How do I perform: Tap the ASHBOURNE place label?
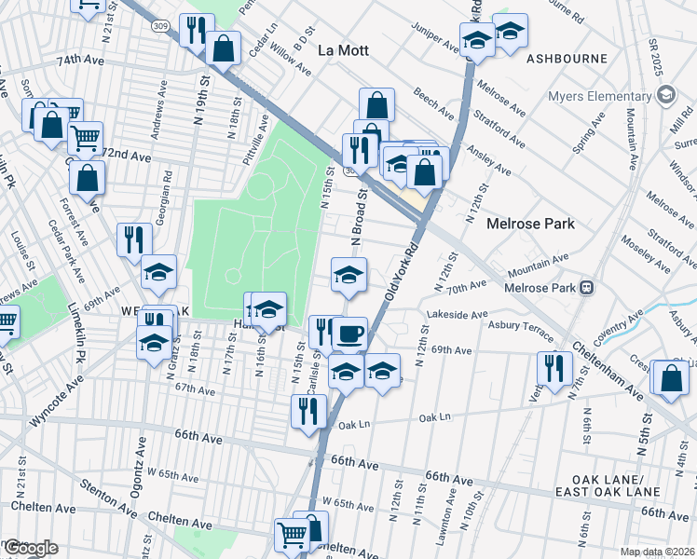(x=567, y=58)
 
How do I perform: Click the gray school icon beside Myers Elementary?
(x=666, y=94)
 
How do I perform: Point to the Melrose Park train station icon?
(x=587, y=287)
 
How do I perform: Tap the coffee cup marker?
(x=349, y=334)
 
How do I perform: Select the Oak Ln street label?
(x=355, y=425)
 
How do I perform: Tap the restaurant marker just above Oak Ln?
(x=308, y=411)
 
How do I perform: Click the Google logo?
(x=30, y=548)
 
